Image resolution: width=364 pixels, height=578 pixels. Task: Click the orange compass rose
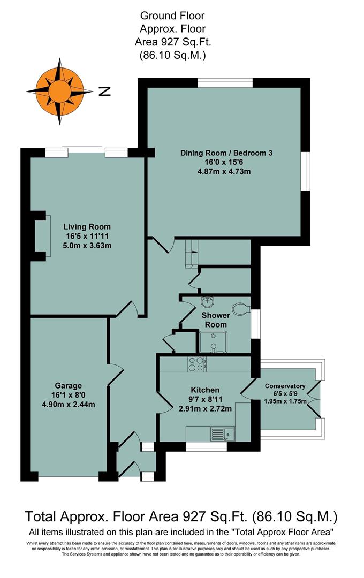click(56, 92)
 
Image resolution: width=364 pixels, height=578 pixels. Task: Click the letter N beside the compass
click(105, 92)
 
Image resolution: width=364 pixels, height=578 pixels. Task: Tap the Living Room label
click(80, 226)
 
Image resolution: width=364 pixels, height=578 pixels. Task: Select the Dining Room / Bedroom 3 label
click(226, 153)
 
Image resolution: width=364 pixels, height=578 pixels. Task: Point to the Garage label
click(68, 385)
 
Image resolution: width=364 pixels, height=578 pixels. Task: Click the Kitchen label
click(205, 390)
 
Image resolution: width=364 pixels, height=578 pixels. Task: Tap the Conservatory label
click(285, 386)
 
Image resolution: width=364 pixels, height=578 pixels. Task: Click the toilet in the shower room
click(242, 309)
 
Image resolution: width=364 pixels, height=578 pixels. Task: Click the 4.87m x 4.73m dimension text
click(224, 172)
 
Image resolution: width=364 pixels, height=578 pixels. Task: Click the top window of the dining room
click(225, 82)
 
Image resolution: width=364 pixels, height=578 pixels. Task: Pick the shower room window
click(254, 324)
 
